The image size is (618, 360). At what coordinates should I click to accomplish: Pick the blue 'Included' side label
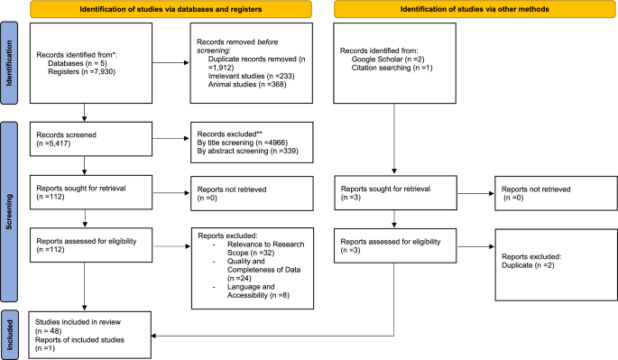tap(8, 331)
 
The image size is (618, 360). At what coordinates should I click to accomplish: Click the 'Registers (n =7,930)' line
tap(79, 73)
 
